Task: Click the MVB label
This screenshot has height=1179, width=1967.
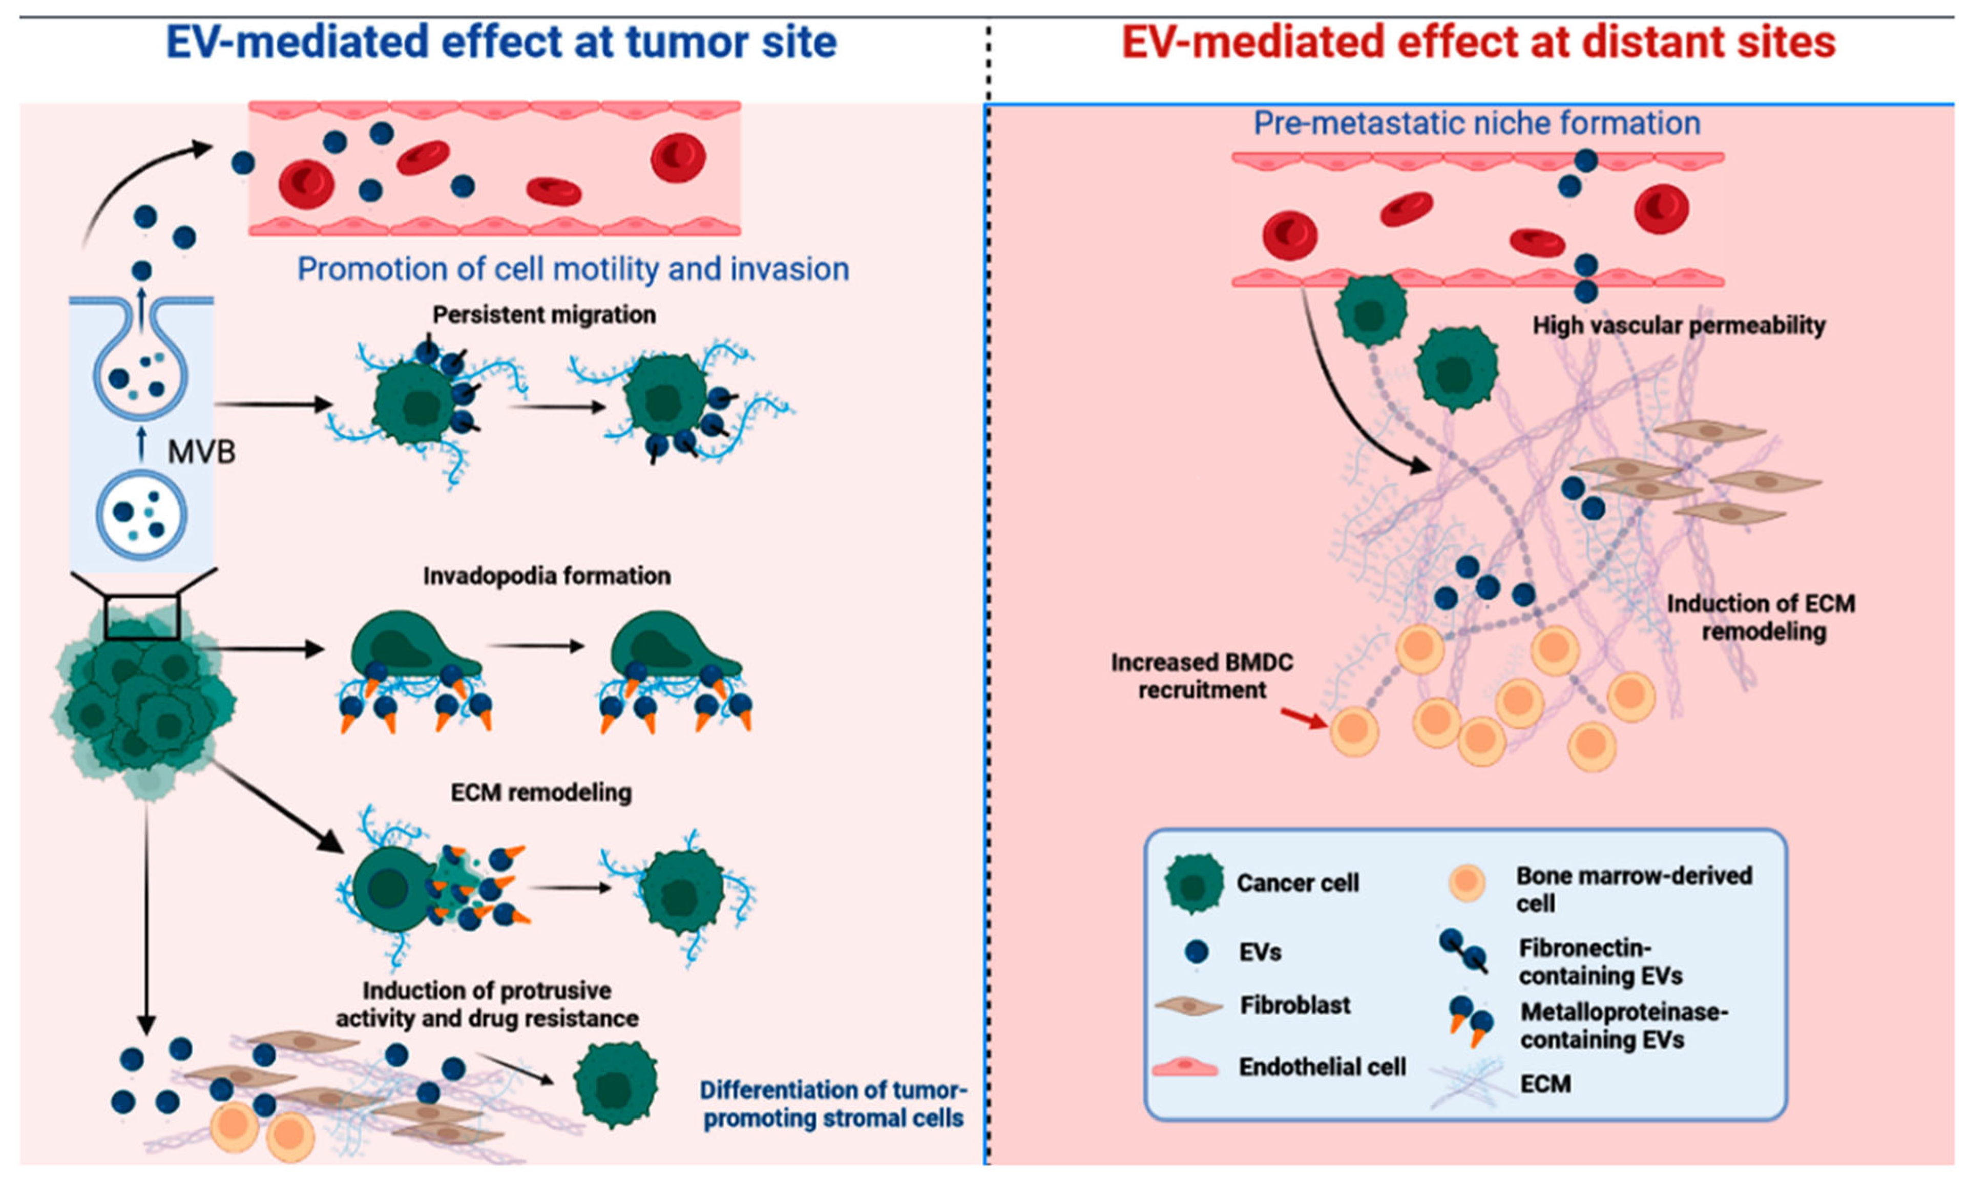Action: click(x=201, y=453)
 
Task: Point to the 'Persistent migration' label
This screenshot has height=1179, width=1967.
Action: click(x=544, y=315)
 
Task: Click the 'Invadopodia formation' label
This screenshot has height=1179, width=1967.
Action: click(x=547, y=576)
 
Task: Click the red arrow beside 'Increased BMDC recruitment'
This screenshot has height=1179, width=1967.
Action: click(x=1303, y=718)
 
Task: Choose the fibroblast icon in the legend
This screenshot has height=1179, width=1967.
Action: click(x=1188, y=1006)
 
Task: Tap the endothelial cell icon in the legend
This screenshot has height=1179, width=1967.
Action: click(x=1184, y=1067)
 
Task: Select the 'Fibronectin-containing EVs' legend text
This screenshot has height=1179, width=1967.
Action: click(x=1599, y=961)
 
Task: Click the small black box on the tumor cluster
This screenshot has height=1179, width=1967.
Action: click(x=142, y=617)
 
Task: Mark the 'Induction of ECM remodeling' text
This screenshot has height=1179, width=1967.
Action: click(x=1761, y=617)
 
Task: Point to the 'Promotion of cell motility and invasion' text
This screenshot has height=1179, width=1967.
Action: click(x=573, y=270)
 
